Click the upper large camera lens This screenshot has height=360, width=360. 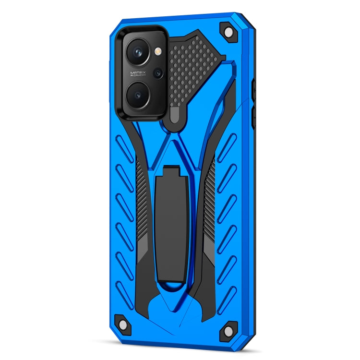(x=138, y=52)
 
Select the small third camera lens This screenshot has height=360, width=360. (x=157, y=73)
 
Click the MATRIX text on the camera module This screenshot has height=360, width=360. (x=137, y=73)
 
